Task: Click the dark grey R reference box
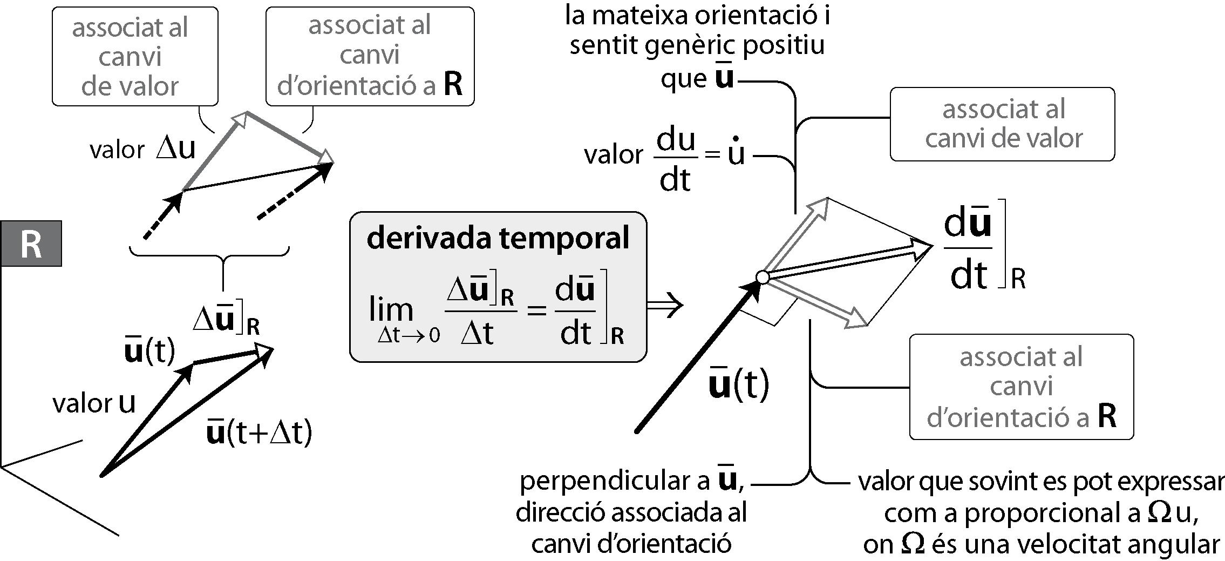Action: coord(31,244)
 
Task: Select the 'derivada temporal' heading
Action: coord(498,238)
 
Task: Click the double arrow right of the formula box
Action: coord(665,305)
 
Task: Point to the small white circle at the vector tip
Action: coord(763,278)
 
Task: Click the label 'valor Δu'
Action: coord(142,150)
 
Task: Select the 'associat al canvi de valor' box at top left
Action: coord(135,56)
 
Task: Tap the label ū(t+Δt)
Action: coord(260,432)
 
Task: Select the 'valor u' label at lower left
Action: coord(94,403)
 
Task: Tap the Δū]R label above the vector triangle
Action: coord(227,321)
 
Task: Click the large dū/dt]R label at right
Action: coord(984,251)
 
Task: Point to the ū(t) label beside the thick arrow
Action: coord(739,384)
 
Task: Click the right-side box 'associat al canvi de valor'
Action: coord(1002,124)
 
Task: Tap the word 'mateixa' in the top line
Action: coord(639,16)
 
